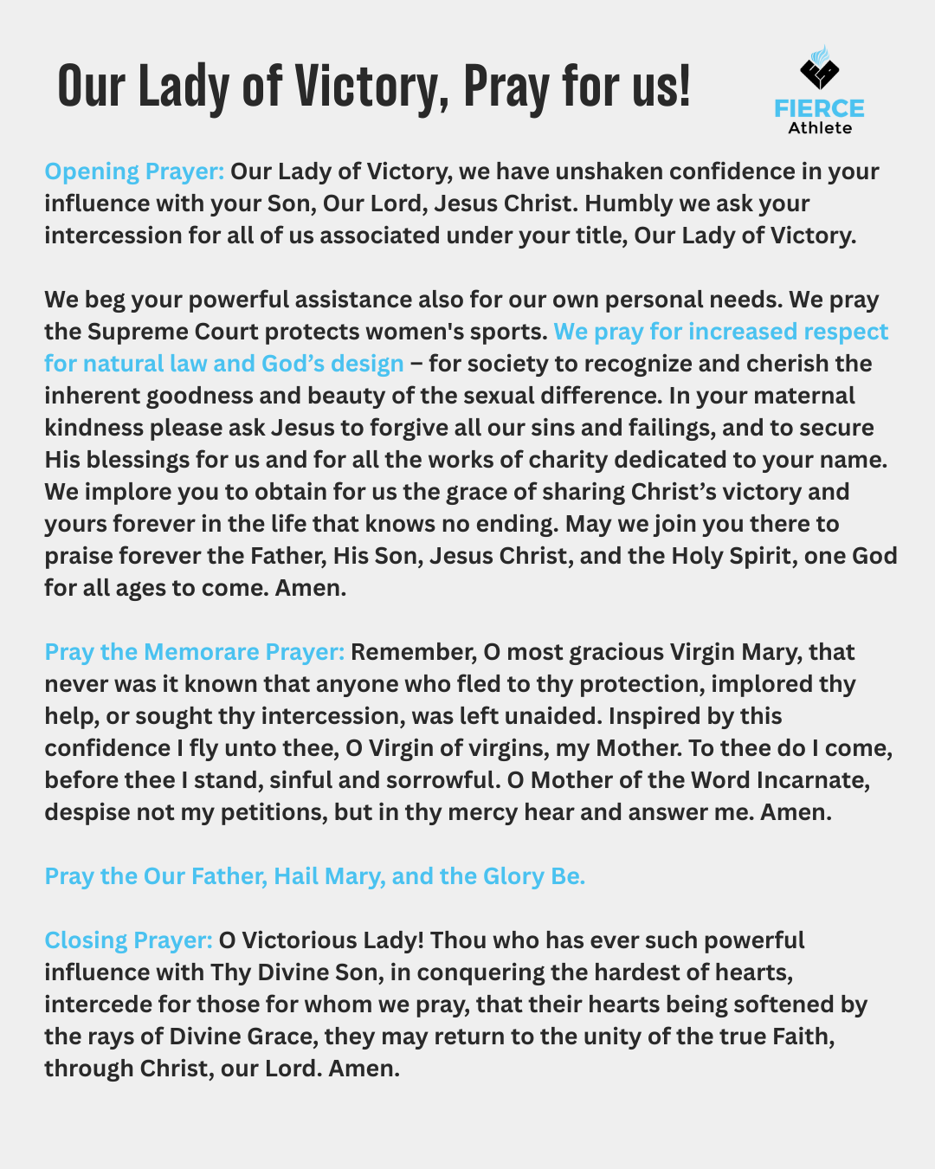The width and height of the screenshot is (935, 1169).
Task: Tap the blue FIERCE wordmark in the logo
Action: pyautogui.click(x=819, y=108)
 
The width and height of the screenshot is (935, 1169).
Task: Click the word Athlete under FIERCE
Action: pyautogui.click(x=820, y=128)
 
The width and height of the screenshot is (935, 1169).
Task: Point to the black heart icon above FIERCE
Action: pyautogui.click(x=818, y=70)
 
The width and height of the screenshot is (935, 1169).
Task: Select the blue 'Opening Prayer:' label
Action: pyautogui.click(x=134, y=171)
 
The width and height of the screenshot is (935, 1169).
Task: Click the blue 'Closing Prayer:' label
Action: pyautogui.click(x=128, y=940)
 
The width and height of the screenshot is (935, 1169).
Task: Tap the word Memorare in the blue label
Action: pyautogui.click(x=202, y=652)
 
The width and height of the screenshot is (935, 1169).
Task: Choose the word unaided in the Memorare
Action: pyautogui.click(x=552, y=716)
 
